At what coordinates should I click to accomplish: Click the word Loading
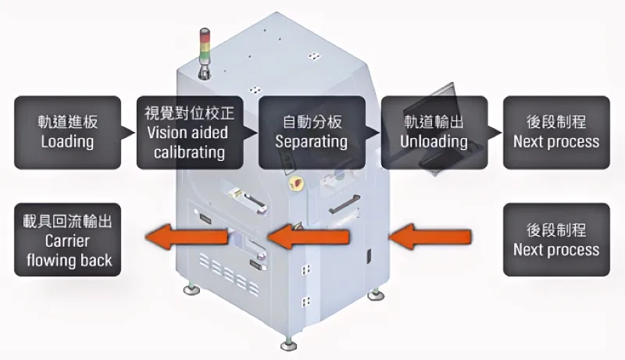(67, 142)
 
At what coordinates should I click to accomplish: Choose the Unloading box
(434, 132)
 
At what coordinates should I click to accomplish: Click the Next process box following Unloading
(555, 132)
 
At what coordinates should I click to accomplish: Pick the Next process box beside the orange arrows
(555, 240)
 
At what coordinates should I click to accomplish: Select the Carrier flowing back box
(67, 240)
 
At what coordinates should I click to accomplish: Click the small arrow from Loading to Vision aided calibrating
(129, 132)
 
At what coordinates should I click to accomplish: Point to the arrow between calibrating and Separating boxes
(251, 132)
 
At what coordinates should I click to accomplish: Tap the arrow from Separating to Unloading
(373, 132)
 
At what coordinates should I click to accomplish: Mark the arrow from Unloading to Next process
(495, 132)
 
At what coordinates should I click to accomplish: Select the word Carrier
(67, 241)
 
